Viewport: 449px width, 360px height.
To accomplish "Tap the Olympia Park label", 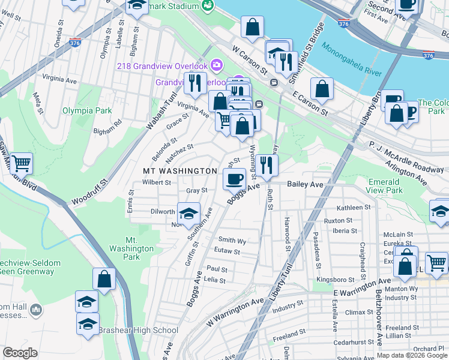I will coord(87,111).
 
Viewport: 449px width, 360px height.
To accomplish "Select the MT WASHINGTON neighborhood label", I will coord(179,171).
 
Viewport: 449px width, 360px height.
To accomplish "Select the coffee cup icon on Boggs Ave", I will coord(234,178).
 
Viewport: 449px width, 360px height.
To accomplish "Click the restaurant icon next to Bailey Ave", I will coord(267,164).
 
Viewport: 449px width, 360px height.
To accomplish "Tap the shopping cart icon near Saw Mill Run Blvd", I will coord(21,163).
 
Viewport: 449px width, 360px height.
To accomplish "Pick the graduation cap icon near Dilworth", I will coord(188,214).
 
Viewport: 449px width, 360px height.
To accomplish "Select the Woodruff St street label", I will coord(89,191).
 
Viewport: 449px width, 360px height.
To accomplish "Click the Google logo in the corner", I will coord(21,353).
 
